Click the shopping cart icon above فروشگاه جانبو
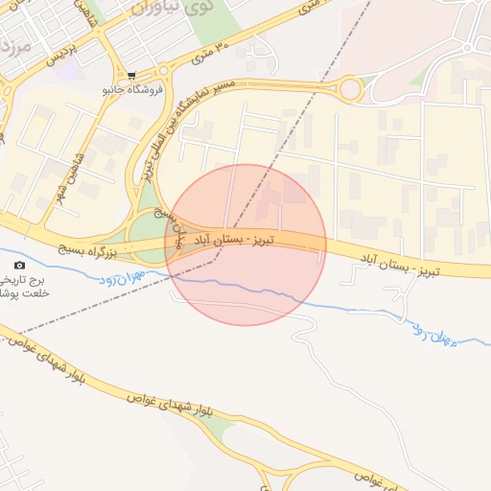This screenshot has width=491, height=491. point(130,76)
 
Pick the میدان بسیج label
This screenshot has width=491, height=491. point(175,216)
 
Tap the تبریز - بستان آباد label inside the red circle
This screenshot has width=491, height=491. point(236,236)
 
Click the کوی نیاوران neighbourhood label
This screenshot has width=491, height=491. point(164,11)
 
